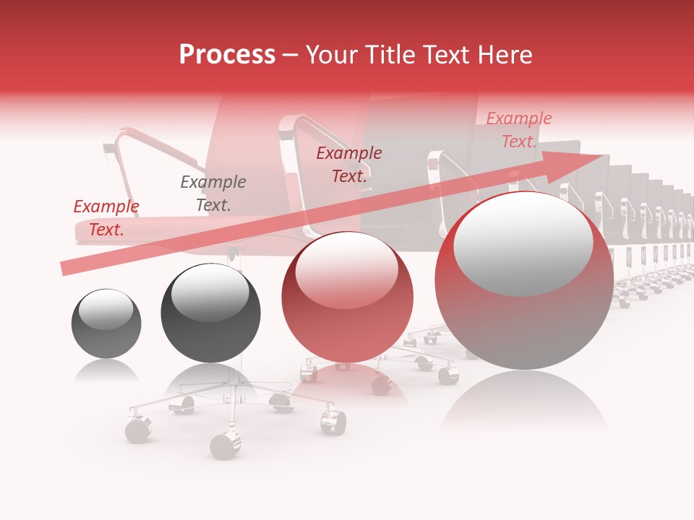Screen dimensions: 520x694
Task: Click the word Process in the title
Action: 227,55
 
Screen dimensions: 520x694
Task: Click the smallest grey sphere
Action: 106,324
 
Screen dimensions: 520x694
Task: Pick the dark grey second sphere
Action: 210,313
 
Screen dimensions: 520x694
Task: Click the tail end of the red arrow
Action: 64,269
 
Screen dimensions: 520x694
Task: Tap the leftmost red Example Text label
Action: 106,218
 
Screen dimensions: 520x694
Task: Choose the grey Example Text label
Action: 213,194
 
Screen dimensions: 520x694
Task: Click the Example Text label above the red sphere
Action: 349,165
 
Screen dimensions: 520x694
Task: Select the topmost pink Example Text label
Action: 519,130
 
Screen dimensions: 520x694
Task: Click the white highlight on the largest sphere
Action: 523,242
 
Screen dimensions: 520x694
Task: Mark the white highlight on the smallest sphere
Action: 106,309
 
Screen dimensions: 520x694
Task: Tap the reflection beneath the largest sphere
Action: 524,404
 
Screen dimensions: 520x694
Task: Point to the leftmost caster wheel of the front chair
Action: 137,430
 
